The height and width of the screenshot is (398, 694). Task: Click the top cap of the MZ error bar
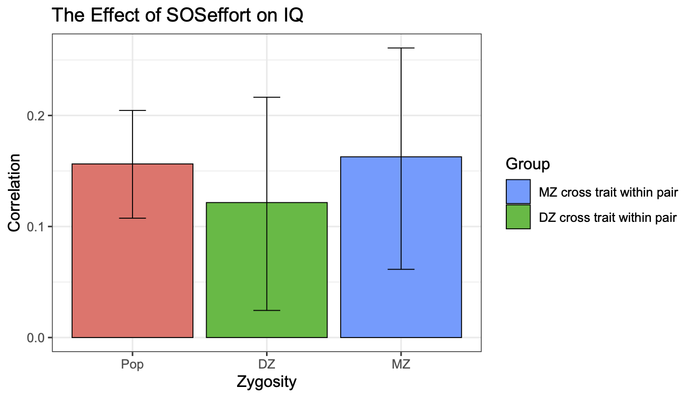click(401, 48)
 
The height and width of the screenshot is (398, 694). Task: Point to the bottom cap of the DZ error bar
click(267, 310)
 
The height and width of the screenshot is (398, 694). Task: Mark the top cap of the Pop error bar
click(132, 110)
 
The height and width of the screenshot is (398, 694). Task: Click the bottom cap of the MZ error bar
click(401, 269)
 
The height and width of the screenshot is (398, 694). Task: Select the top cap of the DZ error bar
click(267, 97)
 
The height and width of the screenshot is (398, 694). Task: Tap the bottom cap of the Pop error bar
click(132, 218)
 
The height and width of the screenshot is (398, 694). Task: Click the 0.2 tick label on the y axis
click(36, 116)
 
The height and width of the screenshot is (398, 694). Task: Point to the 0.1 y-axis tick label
click(36, 227)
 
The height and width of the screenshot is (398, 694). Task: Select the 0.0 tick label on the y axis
click(36, 338)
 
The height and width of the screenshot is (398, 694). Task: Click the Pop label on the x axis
click(132, 364)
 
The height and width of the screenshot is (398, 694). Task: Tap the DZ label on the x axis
click(267, 364)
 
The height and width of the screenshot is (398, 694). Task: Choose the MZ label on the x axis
click(401, 364)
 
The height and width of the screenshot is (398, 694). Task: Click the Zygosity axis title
click(267, 382)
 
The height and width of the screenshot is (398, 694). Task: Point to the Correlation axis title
click(14, 192)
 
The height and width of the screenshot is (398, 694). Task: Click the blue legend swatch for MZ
click(518, 192)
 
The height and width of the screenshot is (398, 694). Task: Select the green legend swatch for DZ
click(518, 217)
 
